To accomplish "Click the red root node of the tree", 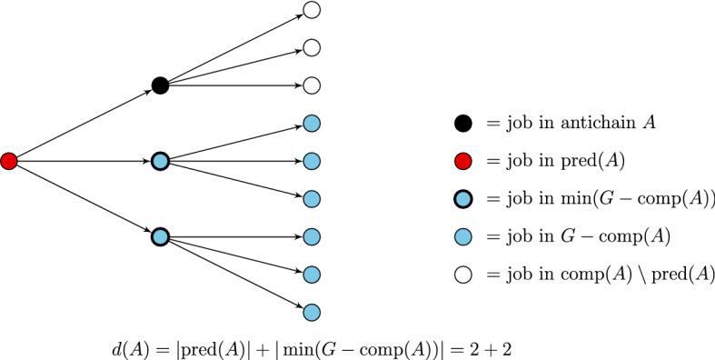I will tap(9, 161).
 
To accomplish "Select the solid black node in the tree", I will tap(160, 85).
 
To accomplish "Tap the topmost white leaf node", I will tap(312, 10).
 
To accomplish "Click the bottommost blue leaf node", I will tap(312, 312).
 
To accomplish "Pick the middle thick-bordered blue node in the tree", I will tap(160, 161).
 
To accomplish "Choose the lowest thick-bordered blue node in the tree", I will tap(160, 236).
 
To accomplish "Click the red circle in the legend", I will tap(463, 162).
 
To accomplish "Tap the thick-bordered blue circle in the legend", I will tap(463, 199).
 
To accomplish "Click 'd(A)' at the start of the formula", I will tap(124, 346).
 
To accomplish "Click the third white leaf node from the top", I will tap(312, 85).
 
